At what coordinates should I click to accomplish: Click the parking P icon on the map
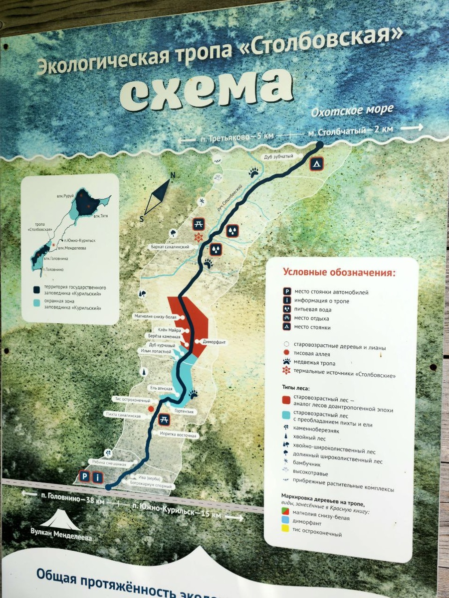pos(85,476)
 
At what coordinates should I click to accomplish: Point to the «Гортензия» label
pos(183,412)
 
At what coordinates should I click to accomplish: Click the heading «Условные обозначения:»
pos(339,273)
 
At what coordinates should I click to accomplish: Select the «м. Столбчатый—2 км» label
pos(350,131)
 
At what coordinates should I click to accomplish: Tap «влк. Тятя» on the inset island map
pos(100,216)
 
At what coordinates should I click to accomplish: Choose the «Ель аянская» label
pos(161,388)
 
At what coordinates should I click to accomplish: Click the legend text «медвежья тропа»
pos(314,363)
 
